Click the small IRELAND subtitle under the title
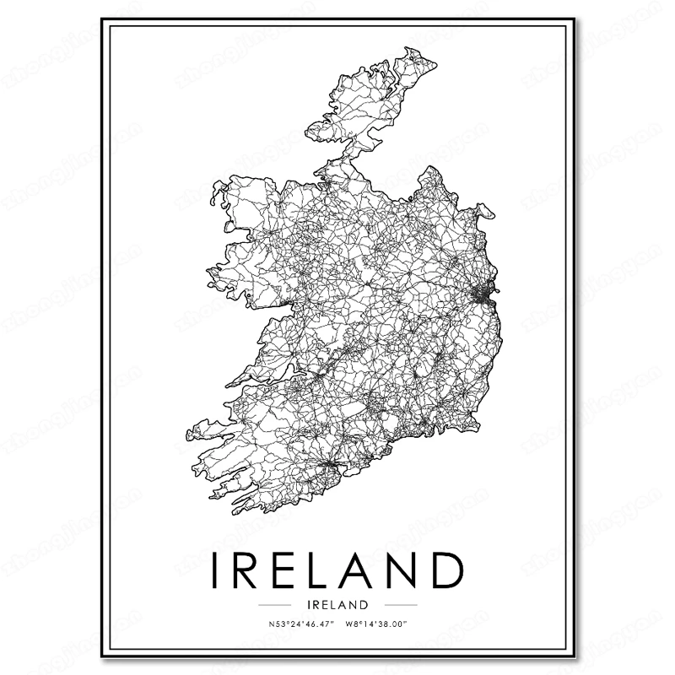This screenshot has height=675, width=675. click(x=337, y=604)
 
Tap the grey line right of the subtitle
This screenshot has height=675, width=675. click(x=400, y=605)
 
